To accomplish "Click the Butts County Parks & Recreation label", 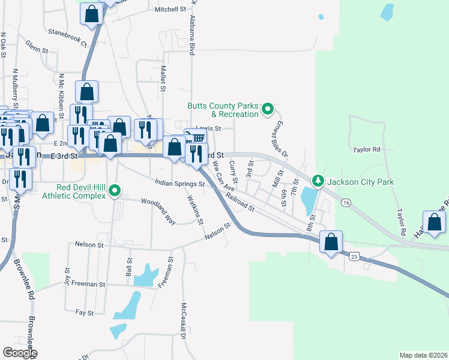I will [x=223, y=109].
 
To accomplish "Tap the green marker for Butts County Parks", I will [x=269, y=110].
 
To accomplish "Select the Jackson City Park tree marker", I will [x=317, y=181].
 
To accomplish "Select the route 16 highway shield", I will [x=346, y=203].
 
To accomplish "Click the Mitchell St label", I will [x=170, y=10].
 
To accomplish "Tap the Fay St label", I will [x=85, y=313].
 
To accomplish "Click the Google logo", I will [x=20, y=353].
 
